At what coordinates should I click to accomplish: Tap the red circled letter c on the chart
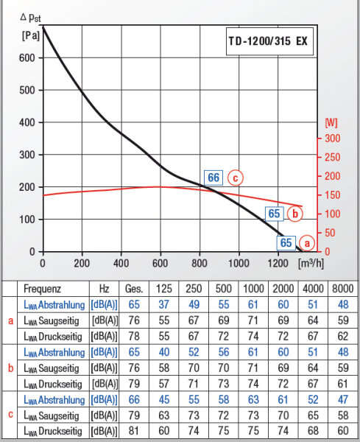coord(235,178)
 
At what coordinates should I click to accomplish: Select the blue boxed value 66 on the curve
coord(213,178)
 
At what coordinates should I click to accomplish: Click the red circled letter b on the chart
coord(294,214)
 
